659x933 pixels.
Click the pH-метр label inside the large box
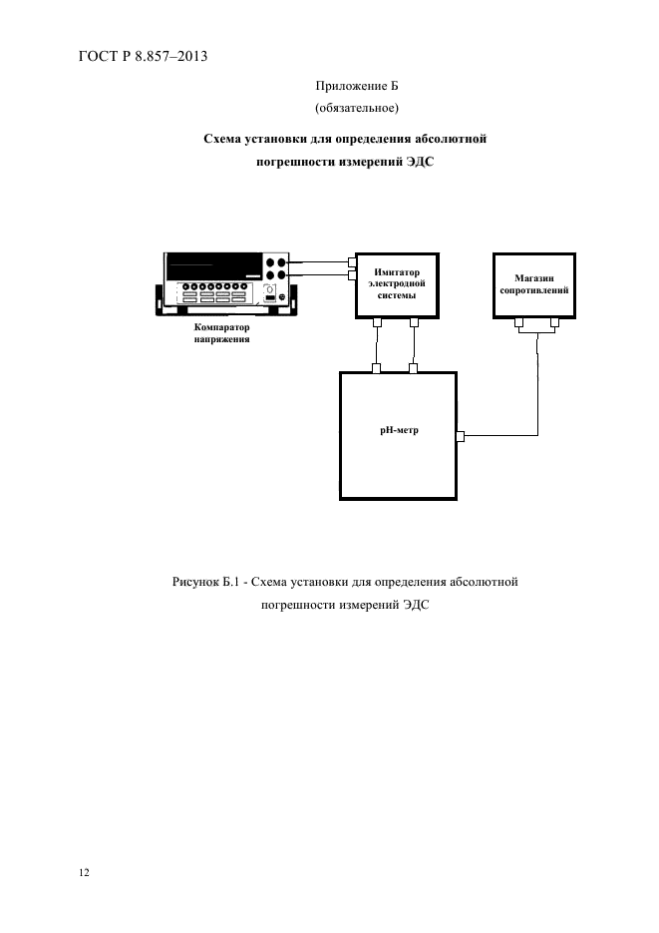(x=399, y=430)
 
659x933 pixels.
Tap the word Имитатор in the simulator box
(x=397, y=272)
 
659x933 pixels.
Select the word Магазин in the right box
(x=533, y=277)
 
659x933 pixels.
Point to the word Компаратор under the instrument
(x=221, y=327)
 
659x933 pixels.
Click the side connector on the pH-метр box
(x=460, y=437)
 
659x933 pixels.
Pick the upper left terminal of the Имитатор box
(x=352, y=261)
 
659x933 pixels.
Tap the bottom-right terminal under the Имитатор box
(x=414, y=322)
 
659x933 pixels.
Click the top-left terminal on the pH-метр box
(x=376, y=368)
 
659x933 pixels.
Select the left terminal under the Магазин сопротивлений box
(x=519, y=322)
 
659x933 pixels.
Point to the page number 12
(x=84, y=872)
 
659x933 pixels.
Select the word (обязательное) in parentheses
(x=357, y=108)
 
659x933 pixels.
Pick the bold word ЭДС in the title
(x=420, y=162)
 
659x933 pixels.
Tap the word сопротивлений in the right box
(x=533, y=290)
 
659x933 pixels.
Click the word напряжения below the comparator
(x=221, y=339)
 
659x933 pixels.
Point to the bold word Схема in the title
(x=222, y=139)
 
